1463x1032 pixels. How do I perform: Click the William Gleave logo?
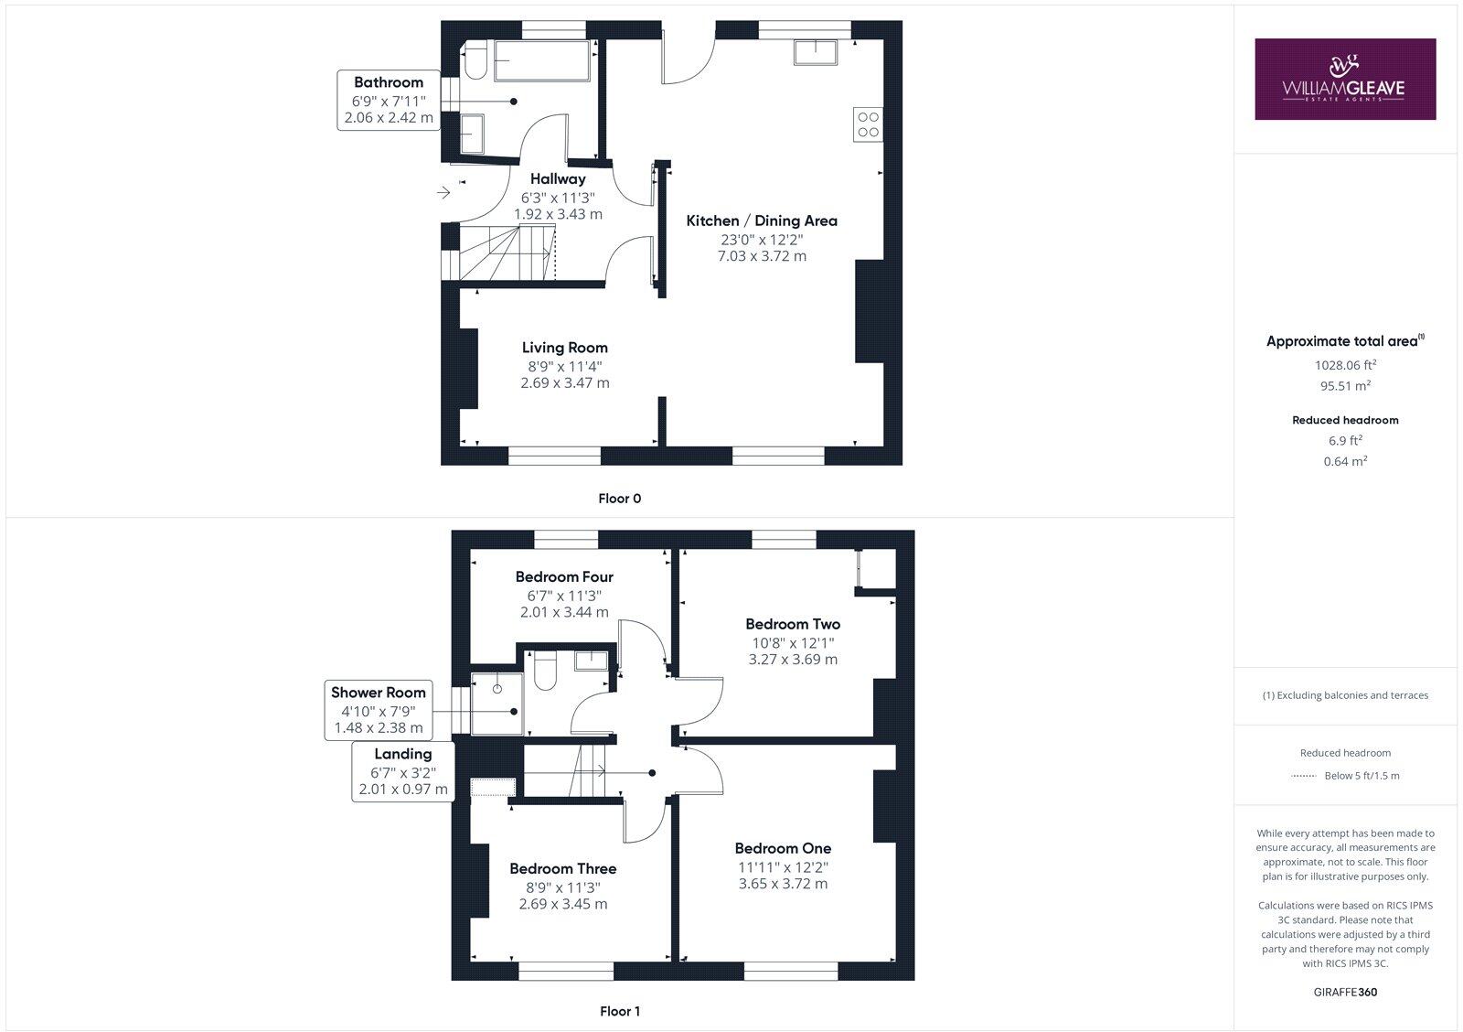point(1344,79)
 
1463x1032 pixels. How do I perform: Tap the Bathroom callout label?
point(389,82)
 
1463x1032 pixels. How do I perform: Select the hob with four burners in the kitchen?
point(868,124)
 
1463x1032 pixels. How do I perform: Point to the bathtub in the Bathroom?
point(541,61)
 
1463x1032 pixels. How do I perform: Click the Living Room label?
point(564,348)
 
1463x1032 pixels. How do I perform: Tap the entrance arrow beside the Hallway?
point(444,193)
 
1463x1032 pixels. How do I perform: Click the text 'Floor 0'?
point(619,499)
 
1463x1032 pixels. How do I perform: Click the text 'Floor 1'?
point(619,1011)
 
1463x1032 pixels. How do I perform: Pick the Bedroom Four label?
point(564,576)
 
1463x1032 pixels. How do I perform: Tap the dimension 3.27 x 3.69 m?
point(792,659)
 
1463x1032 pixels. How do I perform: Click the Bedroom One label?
point(783,848)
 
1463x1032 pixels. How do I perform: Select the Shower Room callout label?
point(379,693)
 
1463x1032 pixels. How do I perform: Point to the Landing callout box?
point(403,771)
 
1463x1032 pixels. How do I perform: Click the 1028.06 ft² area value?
point(1345,364)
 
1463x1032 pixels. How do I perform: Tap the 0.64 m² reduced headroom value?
point(1345,461)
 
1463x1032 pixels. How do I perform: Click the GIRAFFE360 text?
point(1345,992)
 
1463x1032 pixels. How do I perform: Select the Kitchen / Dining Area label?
point(762,220)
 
